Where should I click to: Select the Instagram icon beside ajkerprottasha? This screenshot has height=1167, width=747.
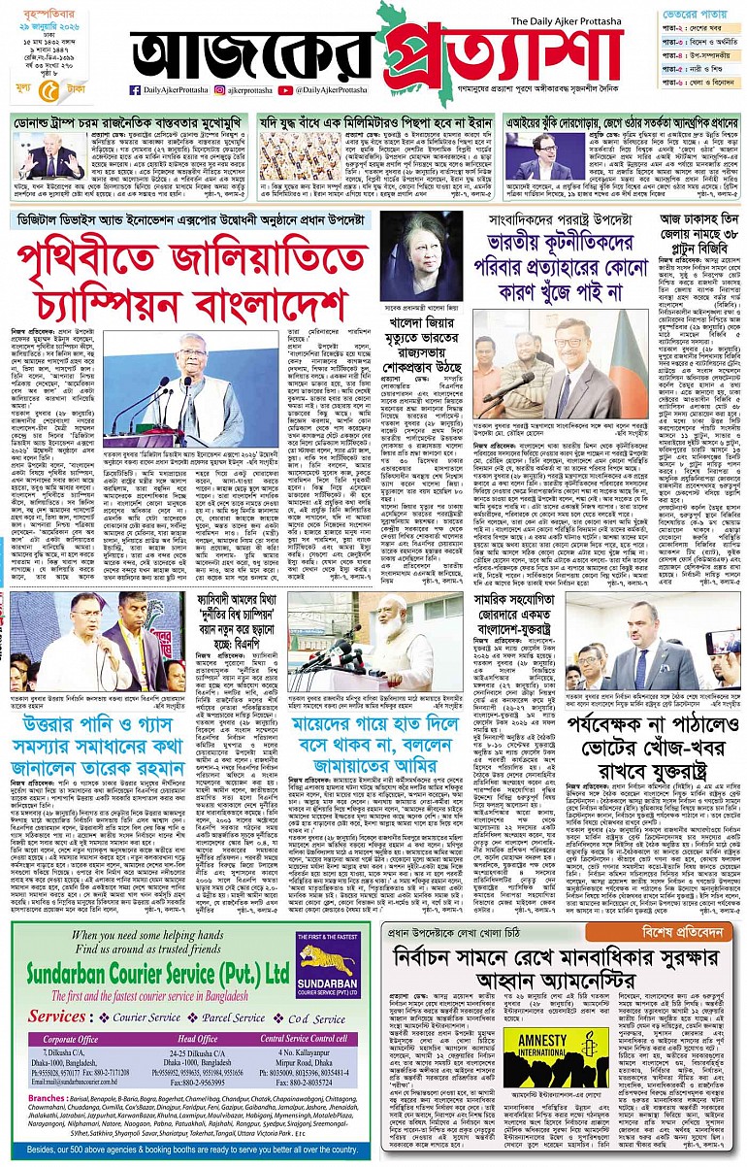pyautogui.click(x=220, y=90)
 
